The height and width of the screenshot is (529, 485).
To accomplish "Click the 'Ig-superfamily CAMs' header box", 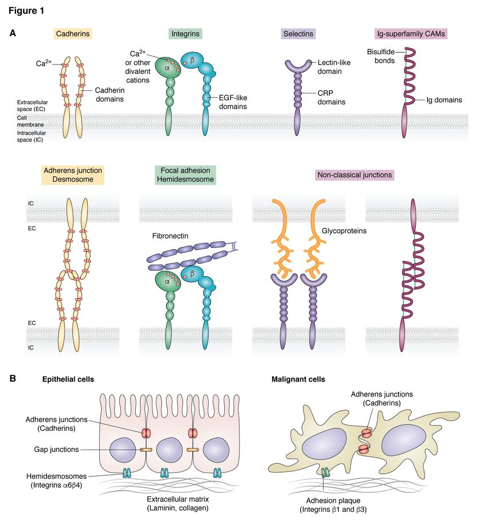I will pyautogui.click(x=410, y=34).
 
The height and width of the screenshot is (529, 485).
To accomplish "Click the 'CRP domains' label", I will pyautogui.click(x=331, y=97).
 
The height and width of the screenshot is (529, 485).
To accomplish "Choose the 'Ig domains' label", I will pyautogui.click(x=444, y=100).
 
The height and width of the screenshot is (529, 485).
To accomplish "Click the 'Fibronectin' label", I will pyautogui.click(x=171, y=235).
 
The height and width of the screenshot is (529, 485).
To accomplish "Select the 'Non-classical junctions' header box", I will pyautogui.click(x=354, y=175).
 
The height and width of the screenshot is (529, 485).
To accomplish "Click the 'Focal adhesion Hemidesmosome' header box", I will pyautogui.click(x=185, y=175).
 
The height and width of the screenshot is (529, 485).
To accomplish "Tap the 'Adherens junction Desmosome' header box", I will pyautogui.click(x=72, y=175).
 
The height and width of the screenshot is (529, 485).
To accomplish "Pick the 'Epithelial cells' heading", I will pyautogui.click(x=68, y=379).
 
